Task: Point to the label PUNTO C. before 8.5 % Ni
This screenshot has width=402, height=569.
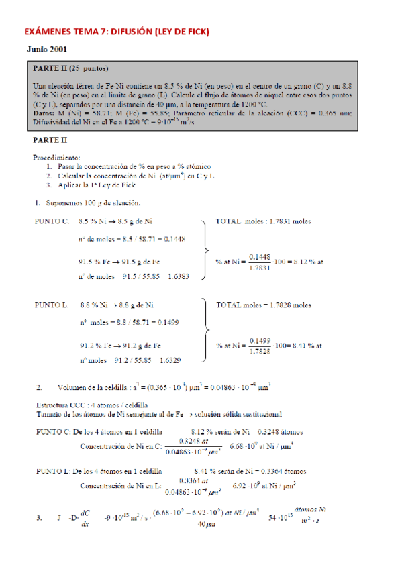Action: click(x=52, y=221)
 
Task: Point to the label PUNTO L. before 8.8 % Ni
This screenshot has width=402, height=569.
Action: click(x=52, y=305)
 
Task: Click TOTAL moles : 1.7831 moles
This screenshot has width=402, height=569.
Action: click(x=263, y=221)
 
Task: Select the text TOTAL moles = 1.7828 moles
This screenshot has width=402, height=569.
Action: click(x=263, y=305)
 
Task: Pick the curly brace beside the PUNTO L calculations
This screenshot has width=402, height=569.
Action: click(x=205, y=333)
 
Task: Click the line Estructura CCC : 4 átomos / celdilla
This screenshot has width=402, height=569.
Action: click(x=91, y=405)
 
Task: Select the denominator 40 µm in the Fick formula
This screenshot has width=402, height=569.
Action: click(x=207, y=525)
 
